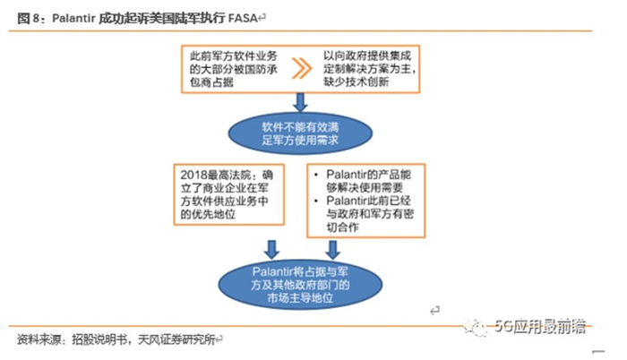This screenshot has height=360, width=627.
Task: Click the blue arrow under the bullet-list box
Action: [x=341, y=245]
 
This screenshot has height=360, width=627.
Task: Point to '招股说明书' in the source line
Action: [x=99, y=341]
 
